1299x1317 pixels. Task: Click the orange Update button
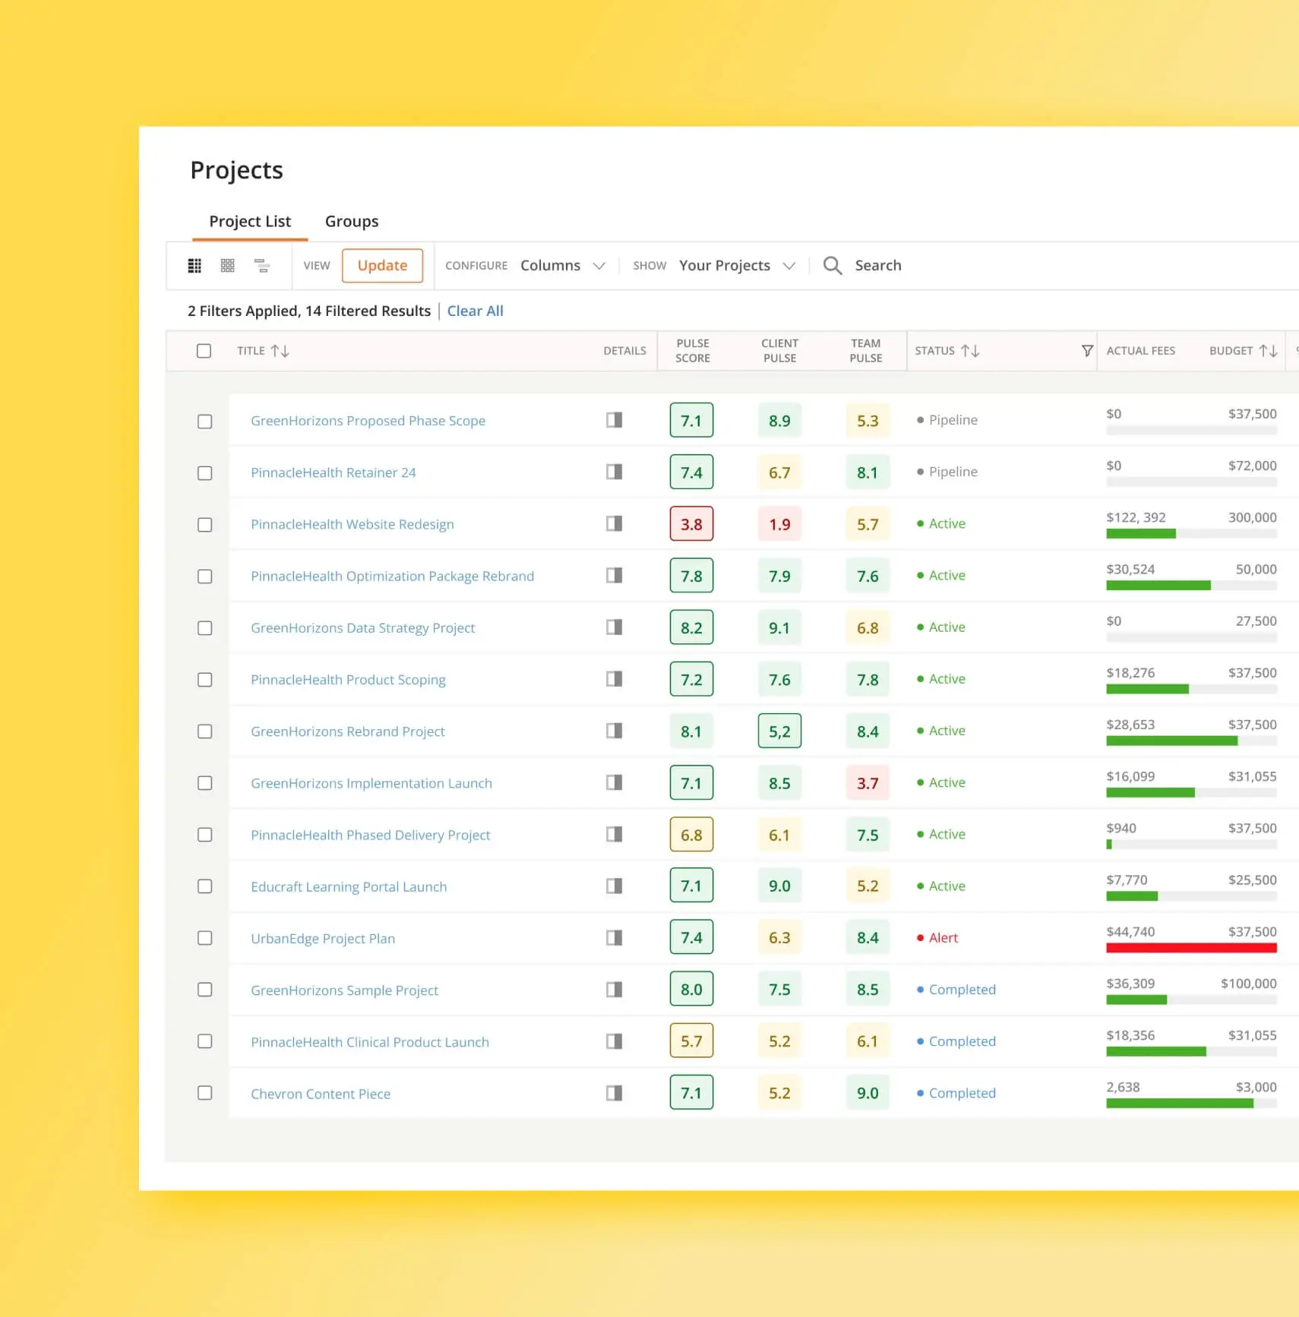click(x=382, y=266)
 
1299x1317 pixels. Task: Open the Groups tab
click(x=351, y=221)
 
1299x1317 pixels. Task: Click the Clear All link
click(x=475, y=311)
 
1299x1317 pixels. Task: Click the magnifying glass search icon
click(x=833, y=265)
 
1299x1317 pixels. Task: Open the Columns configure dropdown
click(x=562, y=265)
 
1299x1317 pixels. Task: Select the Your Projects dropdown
click(x=736, y=265)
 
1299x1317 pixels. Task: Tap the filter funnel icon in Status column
click(x=1087, y=350)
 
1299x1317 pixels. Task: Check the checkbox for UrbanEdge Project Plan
click(x=204, y=938)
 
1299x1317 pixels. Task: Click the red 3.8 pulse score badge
click(x=691, y=524)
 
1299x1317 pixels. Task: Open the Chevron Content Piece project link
click(x=321, y=1094)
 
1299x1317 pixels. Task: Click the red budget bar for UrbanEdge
click(x=1190, y=948)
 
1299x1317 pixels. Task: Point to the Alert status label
click(x=943, y=938)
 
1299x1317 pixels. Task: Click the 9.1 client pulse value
click(x=779, y=628)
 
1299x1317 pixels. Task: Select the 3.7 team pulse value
click(x=868, y=783)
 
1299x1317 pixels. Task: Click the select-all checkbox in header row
click(x=204, y=351)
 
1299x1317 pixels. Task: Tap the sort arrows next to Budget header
click(x=1268, y=350)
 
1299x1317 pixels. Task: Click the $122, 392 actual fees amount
click(x=1136, y=517)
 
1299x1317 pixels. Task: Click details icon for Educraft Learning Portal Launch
click(x=614, y=886)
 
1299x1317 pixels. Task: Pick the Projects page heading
click(x=236, y=170)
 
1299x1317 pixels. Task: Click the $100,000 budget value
click(x=1248, y=984)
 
